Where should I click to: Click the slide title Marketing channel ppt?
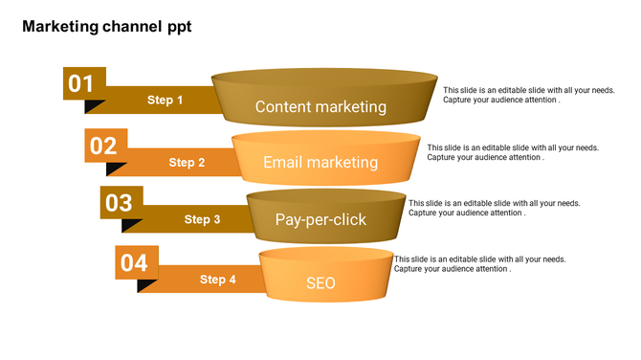(106, 27)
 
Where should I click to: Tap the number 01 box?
(83, 83)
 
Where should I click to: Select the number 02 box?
(104, 146)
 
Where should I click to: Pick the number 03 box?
(120, 203)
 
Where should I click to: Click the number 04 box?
(135, 262)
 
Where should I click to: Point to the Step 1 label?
(165, 100)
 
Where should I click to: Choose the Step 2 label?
(187, 163)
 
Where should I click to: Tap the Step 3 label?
(202, 219)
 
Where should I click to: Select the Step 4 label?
(217, 280)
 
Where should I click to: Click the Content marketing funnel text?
(320, 107)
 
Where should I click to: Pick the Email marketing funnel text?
(320, 163)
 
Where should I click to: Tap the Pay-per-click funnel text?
(320, 220)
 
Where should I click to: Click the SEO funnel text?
(320, 283)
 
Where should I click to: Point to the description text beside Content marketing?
(528, 95)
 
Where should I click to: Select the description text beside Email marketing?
(513, 152)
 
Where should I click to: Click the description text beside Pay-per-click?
(494, 208)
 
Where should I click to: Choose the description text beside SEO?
(479, 264)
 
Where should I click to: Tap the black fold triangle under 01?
(94, 105)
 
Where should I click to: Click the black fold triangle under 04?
(146, 284)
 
